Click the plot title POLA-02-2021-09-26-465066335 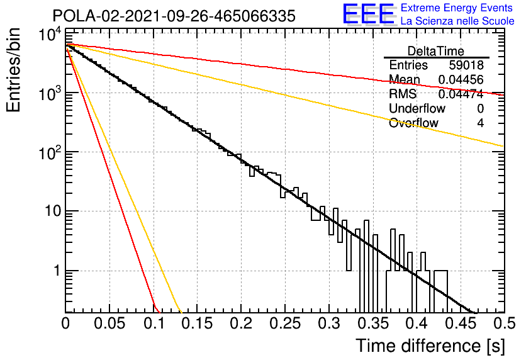(x=174, y=16)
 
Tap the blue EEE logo (x=369, y=14)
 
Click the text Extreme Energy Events (x=457, y=8)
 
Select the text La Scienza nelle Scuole (x=457, y=21)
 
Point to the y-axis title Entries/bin (x=13, y=70)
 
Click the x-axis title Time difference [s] (x=430, y=346)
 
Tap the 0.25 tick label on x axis (x=285, y=323)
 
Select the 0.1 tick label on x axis (x=154, y=323)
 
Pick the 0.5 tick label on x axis (x=505, y=323)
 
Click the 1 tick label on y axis (x=57, y=271)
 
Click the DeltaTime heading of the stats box (x=436, y=51)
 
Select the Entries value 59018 (x=466, y=65)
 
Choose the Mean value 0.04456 (x=461, y=79)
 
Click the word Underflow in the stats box (x=417, y=108)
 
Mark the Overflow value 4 (x=480, y=123)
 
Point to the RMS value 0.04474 (x=461, y=94)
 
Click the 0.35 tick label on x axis (x=373, y=323)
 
